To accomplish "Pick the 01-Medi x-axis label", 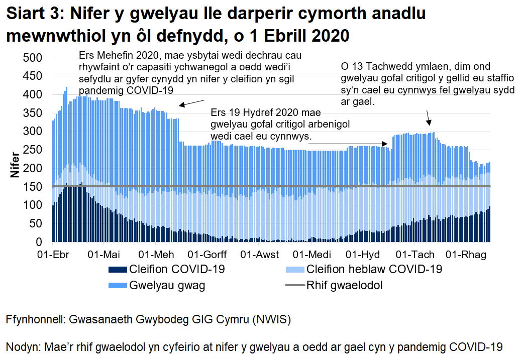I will [309, 255].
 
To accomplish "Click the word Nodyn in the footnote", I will [24, 347].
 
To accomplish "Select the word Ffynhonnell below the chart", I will [38, 320].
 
